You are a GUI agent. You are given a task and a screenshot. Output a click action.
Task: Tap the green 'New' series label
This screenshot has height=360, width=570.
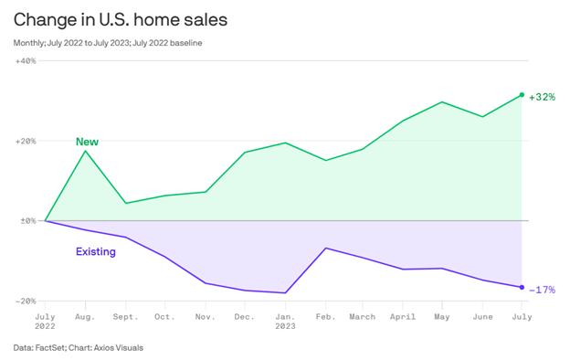87,142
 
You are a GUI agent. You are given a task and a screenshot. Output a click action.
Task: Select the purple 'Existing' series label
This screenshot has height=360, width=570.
95,251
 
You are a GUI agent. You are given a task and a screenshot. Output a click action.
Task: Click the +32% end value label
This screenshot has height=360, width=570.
543,97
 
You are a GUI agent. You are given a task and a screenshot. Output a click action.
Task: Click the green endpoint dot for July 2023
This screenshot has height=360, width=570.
522,95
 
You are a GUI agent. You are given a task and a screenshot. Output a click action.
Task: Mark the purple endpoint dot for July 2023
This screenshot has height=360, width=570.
522,287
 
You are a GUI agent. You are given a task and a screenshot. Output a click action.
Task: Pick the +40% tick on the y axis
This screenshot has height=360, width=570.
26,61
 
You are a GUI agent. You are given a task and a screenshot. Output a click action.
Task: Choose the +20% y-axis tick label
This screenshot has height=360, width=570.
26,141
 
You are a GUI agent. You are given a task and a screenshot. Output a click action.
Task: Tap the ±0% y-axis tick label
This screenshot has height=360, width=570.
26,220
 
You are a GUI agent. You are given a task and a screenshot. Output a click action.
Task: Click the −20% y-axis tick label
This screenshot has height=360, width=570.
26,300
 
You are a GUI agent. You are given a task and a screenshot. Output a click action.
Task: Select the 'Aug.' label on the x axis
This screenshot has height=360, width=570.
85,316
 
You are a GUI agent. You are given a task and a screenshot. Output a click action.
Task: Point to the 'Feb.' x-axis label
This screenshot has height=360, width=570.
326,316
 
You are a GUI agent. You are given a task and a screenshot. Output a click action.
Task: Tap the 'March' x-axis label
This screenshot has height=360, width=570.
363,316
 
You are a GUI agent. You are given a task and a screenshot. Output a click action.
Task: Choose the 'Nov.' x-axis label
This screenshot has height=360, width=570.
205,316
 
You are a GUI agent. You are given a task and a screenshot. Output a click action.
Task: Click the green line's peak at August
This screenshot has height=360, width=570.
85,151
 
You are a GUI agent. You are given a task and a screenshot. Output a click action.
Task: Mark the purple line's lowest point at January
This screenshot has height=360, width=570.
285,293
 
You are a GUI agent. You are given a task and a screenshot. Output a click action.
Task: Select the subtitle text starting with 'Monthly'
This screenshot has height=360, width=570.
108,42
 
